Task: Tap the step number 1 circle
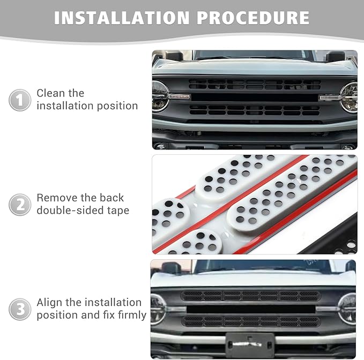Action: (x=19, y=100)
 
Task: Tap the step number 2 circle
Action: (x=19, y=205)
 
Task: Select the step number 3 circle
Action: (x=19, y=309)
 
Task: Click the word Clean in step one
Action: (x=53, y=93)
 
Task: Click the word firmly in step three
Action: (x=130, y=316)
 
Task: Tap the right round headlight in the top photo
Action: (x=349, y=97)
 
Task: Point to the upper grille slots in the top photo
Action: (x=255, y=84)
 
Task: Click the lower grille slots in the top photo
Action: (x=255, y=110)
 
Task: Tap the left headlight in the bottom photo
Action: (x=159, y=309)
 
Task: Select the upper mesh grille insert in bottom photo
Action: (x=250, y=296)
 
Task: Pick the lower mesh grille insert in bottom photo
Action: (x=250, y=321)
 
